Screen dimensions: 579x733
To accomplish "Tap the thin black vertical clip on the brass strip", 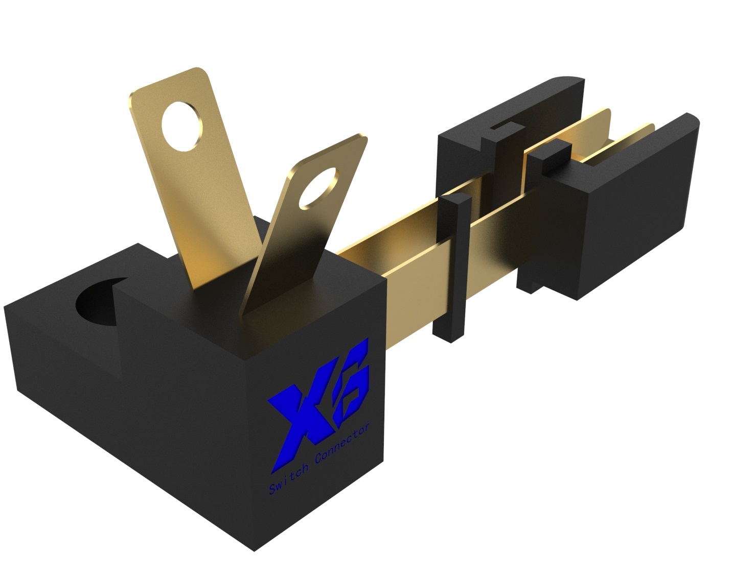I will [x=453, y=266].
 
